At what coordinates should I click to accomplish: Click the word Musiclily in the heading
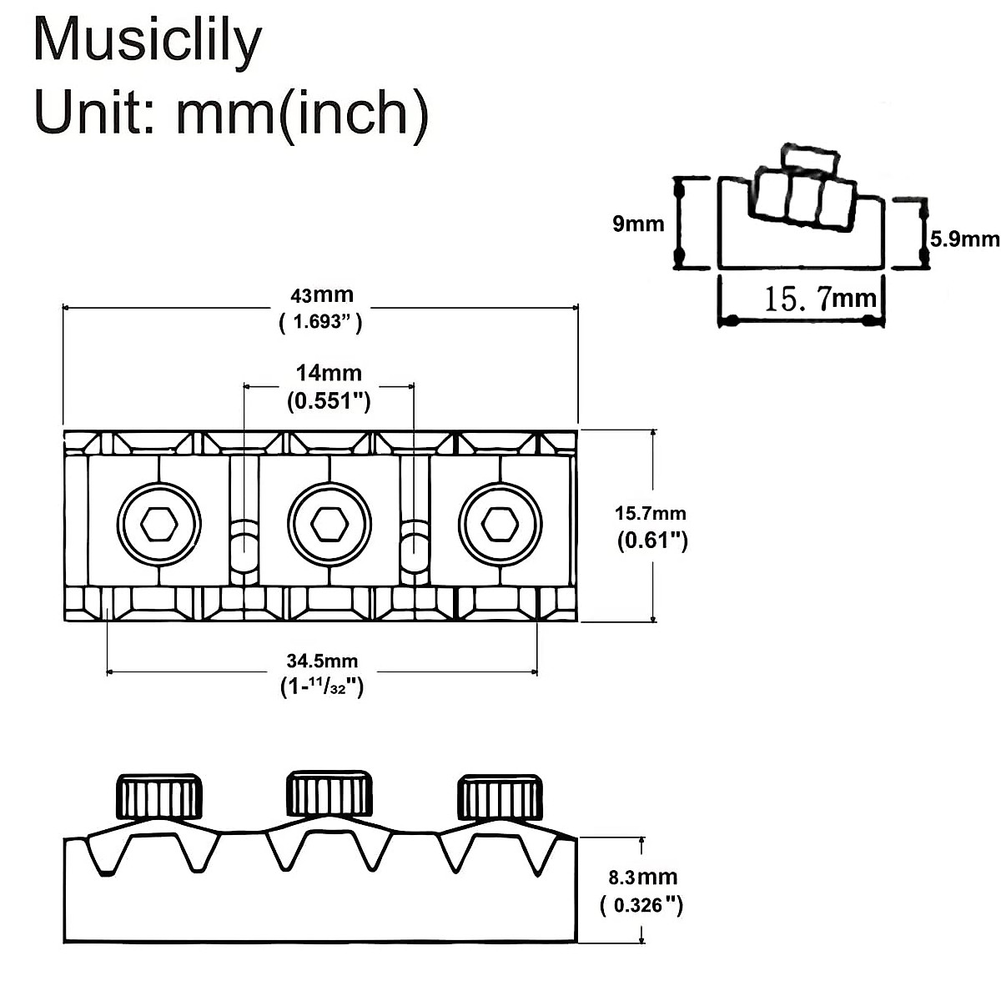tap(147, 42)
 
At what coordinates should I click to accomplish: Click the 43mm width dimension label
tap(321, 295)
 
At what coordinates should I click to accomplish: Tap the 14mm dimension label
tap(329, 373)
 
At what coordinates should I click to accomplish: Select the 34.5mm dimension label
tap(322, 661)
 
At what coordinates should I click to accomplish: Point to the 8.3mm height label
tap(642, 877)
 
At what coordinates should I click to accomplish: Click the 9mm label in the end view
tap(638, 224)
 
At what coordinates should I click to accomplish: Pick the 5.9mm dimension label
tap(964, 239)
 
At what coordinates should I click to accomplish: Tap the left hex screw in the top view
tap(158, 525)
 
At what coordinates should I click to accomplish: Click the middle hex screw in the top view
tap(329, 525)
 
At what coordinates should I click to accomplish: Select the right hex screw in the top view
tap(500, 525)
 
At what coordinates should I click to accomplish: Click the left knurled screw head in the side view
tap(158, 797)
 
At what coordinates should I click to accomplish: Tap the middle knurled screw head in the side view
tap(329, 794)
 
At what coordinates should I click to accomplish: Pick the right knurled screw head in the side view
tap(500, 797)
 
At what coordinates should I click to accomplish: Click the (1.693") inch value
tap(320, 322)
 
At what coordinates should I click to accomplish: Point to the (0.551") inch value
tap(329, 401)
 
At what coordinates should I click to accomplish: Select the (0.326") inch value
tap(641, 905)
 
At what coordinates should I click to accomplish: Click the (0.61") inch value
tap(651, 541)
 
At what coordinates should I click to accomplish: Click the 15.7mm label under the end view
tap(820, 299)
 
